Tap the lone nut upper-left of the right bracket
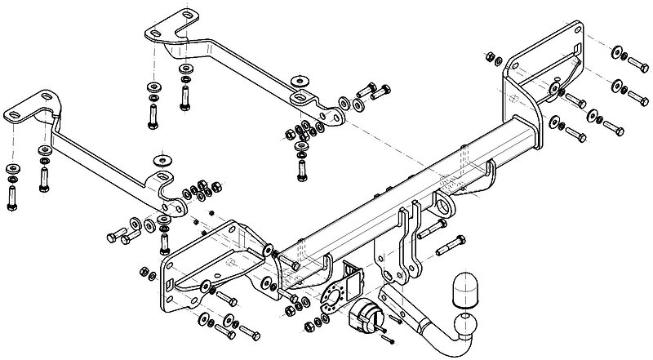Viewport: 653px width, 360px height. click(x=488, y=58)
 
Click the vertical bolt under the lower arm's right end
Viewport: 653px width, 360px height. click(x=162, y=240)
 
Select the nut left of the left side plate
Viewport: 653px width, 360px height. click(x=144, y=271)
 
